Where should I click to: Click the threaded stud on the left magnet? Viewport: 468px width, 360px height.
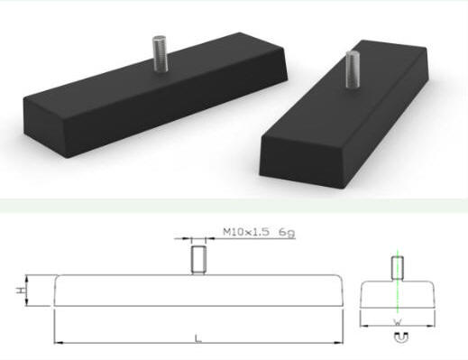point(160,54)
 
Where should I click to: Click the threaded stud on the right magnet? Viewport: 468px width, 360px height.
point(353,69)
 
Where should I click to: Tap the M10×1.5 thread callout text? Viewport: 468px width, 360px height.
point(246,232)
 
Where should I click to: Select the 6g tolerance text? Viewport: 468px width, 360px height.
point(287,233)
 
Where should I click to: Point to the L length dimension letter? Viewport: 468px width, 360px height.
point(197,338)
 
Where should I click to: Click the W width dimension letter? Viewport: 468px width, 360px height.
point(397,323)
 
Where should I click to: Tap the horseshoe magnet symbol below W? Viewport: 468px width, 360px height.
point(401,337)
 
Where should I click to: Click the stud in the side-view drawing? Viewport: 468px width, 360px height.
point(198,260)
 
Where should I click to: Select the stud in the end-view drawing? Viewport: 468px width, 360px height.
point(398,268)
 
